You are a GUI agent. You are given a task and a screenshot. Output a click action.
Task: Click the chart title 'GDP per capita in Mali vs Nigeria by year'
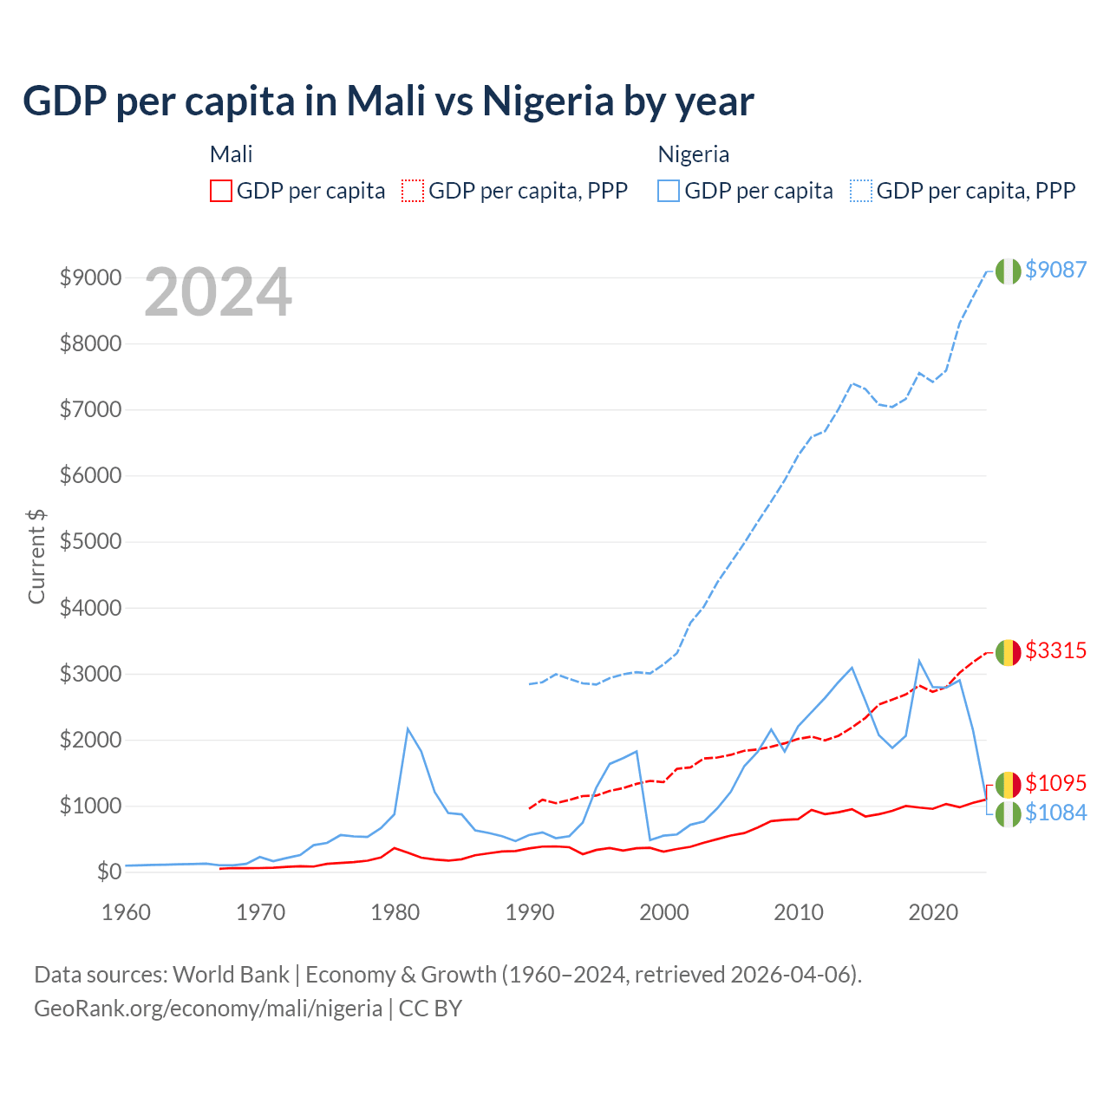(388, 101)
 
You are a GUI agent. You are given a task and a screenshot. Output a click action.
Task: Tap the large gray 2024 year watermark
(218, 293)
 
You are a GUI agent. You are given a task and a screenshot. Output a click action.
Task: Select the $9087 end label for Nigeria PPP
(1055, 270)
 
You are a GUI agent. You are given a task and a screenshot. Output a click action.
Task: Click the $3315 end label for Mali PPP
(1055, 650)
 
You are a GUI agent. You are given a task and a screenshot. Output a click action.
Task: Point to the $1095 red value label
(1055, 783)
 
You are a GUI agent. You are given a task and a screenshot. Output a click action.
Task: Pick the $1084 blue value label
(1055, 813)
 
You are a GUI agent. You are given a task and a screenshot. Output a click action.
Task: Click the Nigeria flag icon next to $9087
(1008, 271)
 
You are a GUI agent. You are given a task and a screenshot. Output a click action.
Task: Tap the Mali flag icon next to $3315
(1008, 652)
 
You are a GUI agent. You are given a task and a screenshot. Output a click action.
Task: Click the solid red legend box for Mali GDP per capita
(221, 191)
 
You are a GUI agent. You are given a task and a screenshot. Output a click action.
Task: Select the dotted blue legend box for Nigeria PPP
(861, 191)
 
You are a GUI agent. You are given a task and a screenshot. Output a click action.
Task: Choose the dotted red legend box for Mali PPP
(413, 191)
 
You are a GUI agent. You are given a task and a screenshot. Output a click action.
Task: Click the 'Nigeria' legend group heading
(693, 154)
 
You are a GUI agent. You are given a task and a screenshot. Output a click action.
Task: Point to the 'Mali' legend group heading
(231, 154)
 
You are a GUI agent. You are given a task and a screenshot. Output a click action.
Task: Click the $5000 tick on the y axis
(90, 542)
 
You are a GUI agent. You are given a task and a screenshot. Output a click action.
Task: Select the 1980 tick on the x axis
(395, 912)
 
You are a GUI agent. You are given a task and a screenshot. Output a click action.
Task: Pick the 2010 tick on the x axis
(799, 912)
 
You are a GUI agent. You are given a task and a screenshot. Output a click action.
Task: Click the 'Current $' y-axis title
(36, 556)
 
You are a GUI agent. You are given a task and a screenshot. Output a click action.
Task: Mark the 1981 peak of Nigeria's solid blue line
(408, 728)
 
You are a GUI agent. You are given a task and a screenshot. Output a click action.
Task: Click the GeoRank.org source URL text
(208, 1009)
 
